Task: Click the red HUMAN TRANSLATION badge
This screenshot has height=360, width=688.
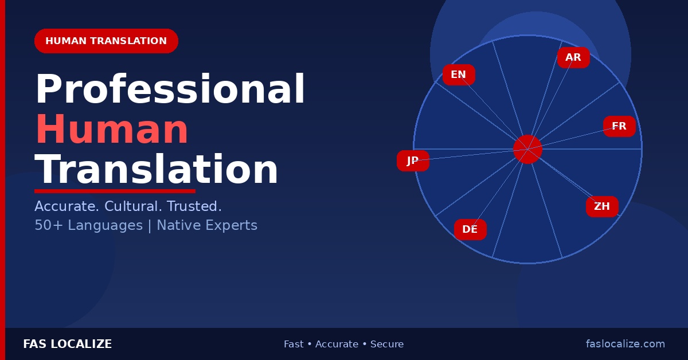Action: (x=106, y=41)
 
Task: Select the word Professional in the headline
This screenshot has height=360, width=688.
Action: (x=170, y=91)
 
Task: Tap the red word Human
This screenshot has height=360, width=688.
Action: (x=112, y=131)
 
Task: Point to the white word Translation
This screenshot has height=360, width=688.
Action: (x=157, y=171)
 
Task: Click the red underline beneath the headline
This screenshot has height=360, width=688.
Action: (x=115, y=191)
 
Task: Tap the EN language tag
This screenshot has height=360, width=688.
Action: (x=459, y=75)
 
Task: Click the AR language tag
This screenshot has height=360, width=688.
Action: (x=573, y=58)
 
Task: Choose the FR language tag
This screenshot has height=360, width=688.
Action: (x=619, y=127)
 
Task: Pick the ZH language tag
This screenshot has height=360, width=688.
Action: (x=602, y=207)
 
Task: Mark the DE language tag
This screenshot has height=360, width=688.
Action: (x=470, y=230)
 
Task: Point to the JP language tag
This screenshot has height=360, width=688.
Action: (x=413, y=161)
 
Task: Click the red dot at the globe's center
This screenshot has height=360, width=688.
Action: (x=527, y=149)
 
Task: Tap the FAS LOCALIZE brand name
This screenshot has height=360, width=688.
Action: (x=67, y=345)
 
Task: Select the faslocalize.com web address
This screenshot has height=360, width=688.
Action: (x=626, y=345)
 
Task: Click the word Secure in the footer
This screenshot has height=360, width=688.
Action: (x=387, y=345)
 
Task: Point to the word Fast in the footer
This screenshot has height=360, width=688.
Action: (x=294, y=345)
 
